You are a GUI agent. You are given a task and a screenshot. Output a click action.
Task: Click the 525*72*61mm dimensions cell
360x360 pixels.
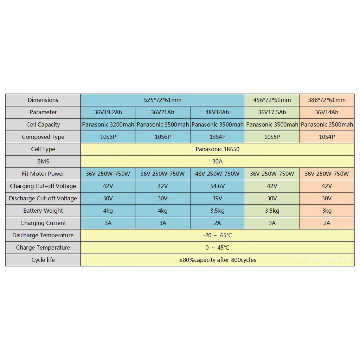tap(162, 100)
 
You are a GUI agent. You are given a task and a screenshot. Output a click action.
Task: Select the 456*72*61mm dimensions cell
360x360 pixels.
tap(272, 100)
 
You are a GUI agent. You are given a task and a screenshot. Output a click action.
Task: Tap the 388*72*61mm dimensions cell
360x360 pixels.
tap(327, 100)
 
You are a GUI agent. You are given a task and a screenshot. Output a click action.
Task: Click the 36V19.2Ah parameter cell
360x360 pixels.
tap(108, 112)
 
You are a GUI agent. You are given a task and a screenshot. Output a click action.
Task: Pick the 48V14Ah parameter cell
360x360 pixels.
tap(217, 112)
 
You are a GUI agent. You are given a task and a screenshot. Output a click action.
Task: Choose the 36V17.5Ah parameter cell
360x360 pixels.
tap(272, 112)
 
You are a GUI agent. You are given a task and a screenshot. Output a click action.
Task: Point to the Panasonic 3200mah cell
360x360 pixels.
tap(108, 124)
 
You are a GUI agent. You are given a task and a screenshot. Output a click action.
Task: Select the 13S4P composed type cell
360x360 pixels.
tap(217, 137)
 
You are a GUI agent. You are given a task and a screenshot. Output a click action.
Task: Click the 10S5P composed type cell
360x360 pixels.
tap(272, 137)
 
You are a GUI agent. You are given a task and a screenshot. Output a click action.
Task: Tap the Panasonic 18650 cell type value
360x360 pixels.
tap(217, 149)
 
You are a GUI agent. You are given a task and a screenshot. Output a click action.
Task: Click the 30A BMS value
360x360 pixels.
tap(217, 161)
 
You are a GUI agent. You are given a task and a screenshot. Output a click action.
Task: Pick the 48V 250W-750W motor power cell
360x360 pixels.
tap(217, 174)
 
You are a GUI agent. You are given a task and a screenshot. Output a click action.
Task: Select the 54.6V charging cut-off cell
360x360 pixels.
tap(217, 186)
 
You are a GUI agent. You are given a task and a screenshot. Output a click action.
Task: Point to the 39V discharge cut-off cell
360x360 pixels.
tap(217, 198)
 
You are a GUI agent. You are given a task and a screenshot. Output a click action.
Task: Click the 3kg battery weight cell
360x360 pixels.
tap(327, 211)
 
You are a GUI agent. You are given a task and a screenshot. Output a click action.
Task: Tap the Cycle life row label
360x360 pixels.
tap(43, 260)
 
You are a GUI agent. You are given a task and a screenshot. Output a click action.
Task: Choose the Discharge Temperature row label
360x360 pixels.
tap(43, 235)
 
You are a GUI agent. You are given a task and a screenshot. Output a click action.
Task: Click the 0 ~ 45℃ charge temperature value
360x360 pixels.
tap(217, 247)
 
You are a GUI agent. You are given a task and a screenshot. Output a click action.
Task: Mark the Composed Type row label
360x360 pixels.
tap(43, 137)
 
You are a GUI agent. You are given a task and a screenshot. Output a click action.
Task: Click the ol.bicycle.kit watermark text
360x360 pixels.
tap(323, 259)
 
